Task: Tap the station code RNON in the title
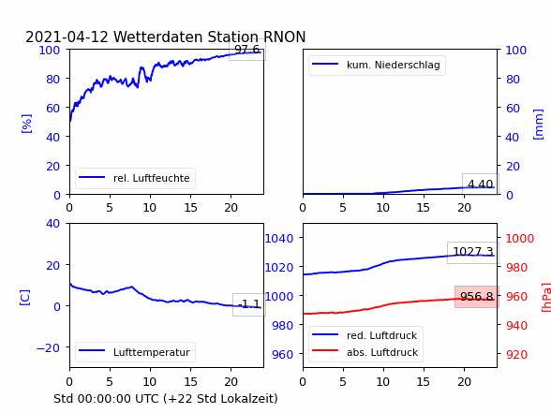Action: coord(284,37)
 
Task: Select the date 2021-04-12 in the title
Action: coord(67,37)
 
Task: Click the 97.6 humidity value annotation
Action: coord(247,50)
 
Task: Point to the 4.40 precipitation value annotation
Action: coord(481,184)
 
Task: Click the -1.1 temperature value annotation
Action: coord(249,304)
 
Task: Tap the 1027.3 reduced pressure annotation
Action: coord(473,252)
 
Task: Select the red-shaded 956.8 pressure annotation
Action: coord(476,297)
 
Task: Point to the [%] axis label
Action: coord(26,124)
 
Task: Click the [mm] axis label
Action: coord(538,125)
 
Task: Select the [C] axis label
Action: coord(25,298)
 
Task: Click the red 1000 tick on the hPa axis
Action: coord(520,239)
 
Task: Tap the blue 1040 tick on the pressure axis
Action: coord(279,239)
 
